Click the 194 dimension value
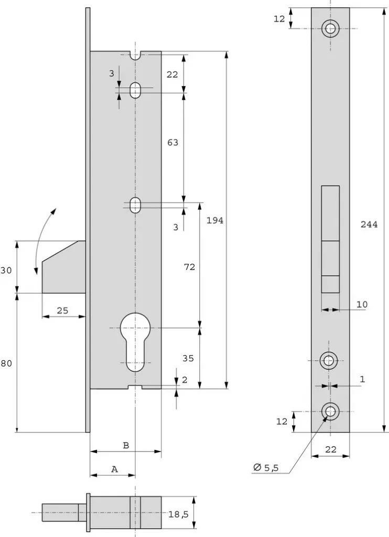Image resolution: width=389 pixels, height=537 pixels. pyautogui.click(x=215, y=221)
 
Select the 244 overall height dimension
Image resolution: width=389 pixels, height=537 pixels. pyautogui.click(x=369, y=224)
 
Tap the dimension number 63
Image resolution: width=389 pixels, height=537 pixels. pyautogui.click(x=172, y=142)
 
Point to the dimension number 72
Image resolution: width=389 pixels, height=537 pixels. pyautogui.click(x=189, y=267)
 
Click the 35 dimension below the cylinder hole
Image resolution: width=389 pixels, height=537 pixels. pyautogui.click(x=188, y=358)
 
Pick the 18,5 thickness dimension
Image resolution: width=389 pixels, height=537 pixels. pyautogui.click(x=178, y=514)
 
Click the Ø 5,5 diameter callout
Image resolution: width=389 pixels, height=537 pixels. pyautogui.click(x=266, y=467)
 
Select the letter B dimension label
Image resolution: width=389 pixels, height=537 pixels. pyautogui.click(x=126, y=446)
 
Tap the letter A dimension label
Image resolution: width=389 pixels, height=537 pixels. pyautogui.click(x=115, y=469)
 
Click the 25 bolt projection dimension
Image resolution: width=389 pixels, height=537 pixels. pyautogui.click(x=62, y=310)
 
